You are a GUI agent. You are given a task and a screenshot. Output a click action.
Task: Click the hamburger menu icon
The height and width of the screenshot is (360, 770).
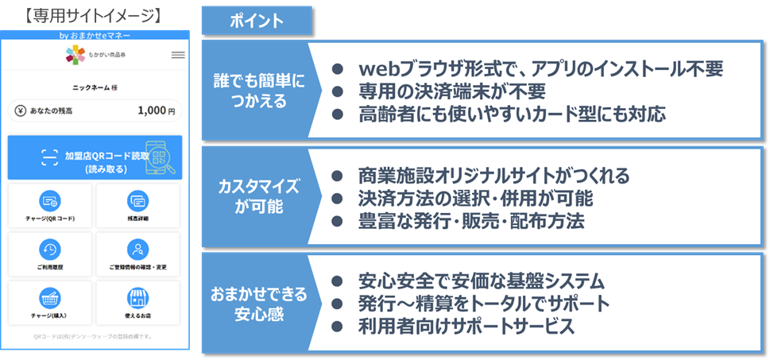coord(178,55)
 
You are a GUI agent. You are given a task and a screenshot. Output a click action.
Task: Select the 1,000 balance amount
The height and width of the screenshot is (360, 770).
coord(150,110)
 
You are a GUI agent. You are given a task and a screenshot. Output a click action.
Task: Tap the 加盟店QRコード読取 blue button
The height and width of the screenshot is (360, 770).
coord(95,157)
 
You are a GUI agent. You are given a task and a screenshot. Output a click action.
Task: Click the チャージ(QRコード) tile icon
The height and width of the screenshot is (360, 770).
coord(50,200)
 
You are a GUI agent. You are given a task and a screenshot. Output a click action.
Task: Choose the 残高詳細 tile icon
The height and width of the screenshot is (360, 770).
coord(138,200)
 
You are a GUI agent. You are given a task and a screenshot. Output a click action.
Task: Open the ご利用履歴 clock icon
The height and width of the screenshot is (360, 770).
coord(50,249)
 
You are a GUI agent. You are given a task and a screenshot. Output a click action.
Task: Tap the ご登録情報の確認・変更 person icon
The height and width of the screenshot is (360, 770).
coord(138,249)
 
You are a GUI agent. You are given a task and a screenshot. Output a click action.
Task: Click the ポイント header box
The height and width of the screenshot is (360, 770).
coord(256,21)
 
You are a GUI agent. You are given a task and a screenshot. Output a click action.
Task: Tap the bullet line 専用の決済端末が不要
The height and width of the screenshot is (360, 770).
coord(466,91)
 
